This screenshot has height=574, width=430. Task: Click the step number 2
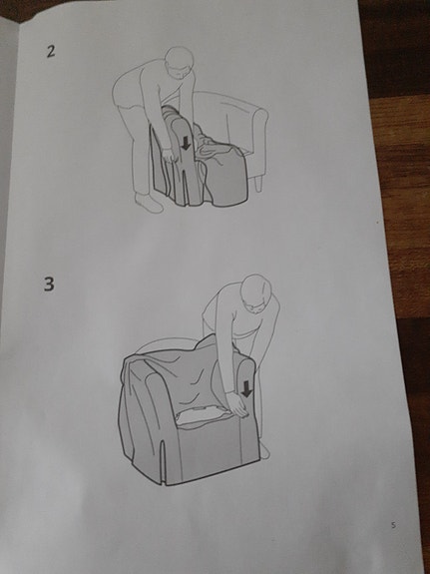click(50, 50)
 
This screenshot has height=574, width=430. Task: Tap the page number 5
click(393, 524)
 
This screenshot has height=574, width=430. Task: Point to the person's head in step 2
click(177, 62)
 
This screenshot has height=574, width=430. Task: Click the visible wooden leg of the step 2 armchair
click(257, 183)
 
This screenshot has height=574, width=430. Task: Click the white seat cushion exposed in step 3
click(200, 416)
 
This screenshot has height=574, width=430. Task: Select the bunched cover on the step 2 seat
click(215, 150)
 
